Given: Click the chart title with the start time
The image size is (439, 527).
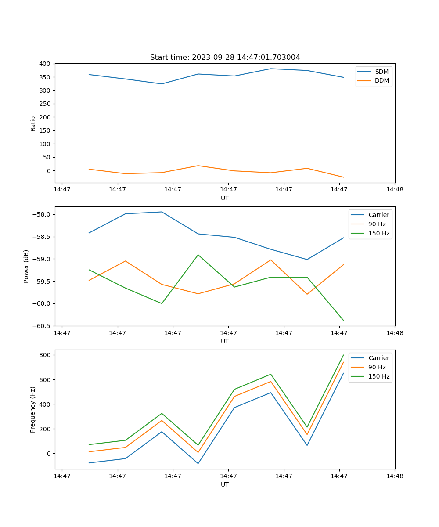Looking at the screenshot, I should click(225, 58).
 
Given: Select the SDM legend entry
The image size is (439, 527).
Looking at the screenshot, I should click(381, 72).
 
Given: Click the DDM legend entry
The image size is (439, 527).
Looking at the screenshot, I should click(381, 81).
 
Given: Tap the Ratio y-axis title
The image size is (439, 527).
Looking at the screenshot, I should click(33, 123).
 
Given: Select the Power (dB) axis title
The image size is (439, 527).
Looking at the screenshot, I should click(26, 266).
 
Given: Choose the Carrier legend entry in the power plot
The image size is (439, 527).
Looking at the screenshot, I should click(378, 215).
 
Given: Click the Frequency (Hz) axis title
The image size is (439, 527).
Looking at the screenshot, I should click(33, 409).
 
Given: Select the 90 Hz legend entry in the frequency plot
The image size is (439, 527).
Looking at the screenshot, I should click(377, 367).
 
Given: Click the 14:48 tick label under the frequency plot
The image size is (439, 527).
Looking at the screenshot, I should click(394, 476).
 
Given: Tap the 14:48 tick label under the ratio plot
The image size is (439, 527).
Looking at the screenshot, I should click(394, 189).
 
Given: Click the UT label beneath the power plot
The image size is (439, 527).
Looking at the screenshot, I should click(225, 341).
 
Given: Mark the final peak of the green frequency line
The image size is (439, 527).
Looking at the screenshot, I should click(343, 355).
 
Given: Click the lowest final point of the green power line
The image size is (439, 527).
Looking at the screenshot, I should click(343, 321).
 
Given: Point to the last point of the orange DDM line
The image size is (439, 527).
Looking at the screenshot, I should click(343, 177).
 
